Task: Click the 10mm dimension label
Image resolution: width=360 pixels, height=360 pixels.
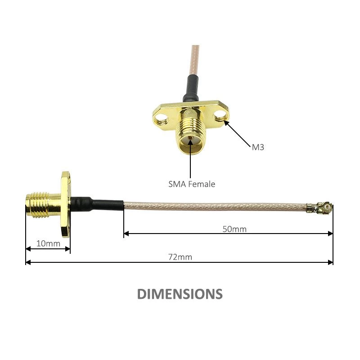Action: coord(48,243)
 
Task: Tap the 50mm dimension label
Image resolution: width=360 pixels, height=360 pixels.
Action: coord(234,229)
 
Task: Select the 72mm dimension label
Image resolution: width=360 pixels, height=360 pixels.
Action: coord(180,257)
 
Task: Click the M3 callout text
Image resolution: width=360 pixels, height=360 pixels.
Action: coord(258,147)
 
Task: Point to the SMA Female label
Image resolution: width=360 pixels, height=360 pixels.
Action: coord(192,184)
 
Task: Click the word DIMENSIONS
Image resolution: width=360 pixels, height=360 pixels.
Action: coord(180,294)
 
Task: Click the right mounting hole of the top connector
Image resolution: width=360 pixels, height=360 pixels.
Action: coord(220,115)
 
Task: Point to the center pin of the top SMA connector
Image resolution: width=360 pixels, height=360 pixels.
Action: coord(190,138)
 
